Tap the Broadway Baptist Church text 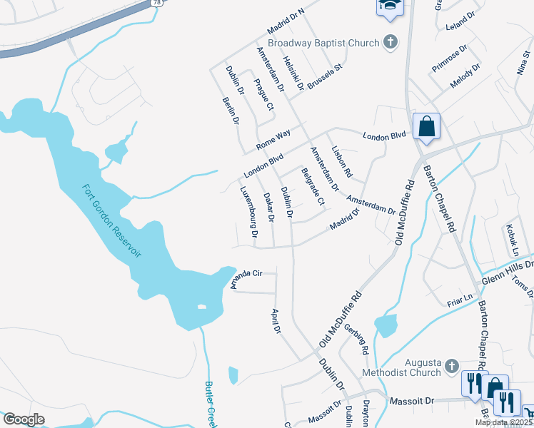pyautogui.click(x=323, y=43)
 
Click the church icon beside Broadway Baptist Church pyautogui.click(x=390, y=42)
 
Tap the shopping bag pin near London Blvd pyautogui.click(x=426, y=127)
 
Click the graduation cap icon pyautogui.click(x=389, y=6)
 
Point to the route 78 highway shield pyautogui.click(x=156, y=4)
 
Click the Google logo pyautogui.click(x=24, y=419)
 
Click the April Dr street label pyautogui.click(x=276, y=322)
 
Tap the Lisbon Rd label pyautogui.click(x=342, y=161)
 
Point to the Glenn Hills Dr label pyautogui.click(x=506, y=270)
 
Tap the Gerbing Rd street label pyautogui.click(x=355, y=338)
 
